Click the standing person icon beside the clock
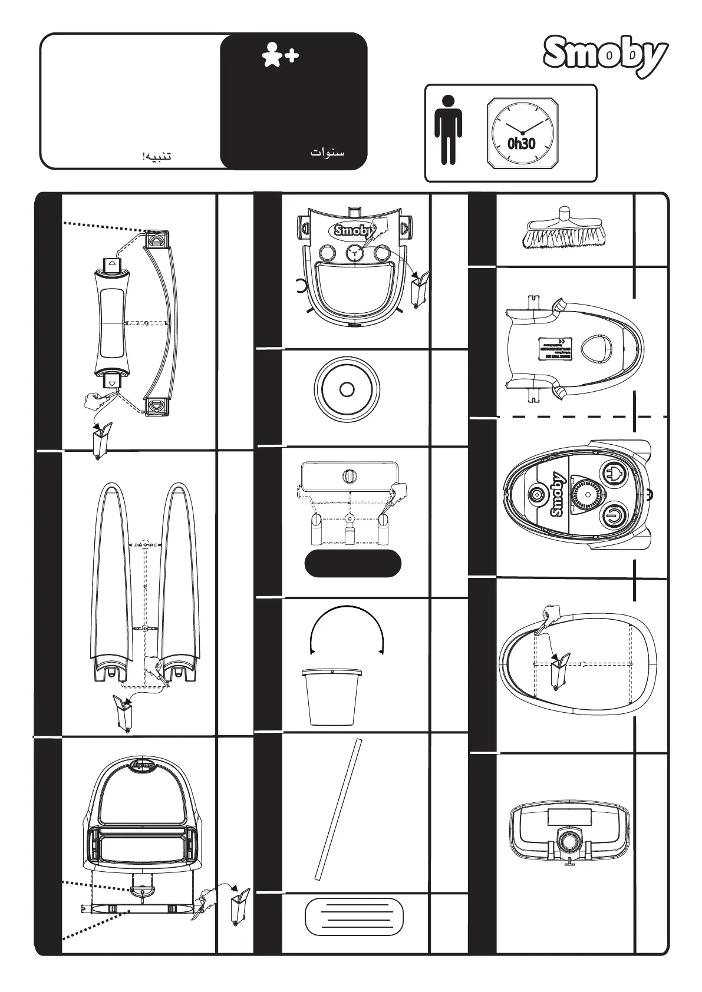[449, 130]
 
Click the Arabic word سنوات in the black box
[327, 153]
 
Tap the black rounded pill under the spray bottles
[352, 564]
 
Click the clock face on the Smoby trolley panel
[354, 253]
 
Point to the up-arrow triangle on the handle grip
[111, 264]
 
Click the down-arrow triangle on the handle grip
[111, 382]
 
